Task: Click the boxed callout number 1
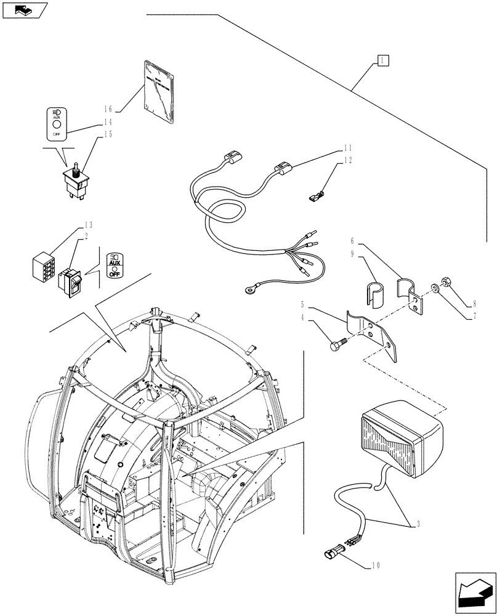pos(382,60)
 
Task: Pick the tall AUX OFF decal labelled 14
pos(56,123)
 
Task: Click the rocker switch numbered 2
pos(70,281)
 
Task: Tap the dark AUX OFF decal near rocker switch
pos(114,265)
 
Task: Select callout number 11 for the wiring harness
pos(349,149)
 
